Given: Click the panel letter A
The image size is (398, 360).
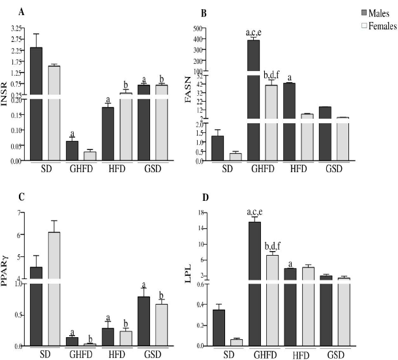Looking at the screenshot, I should coord(22,12).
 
